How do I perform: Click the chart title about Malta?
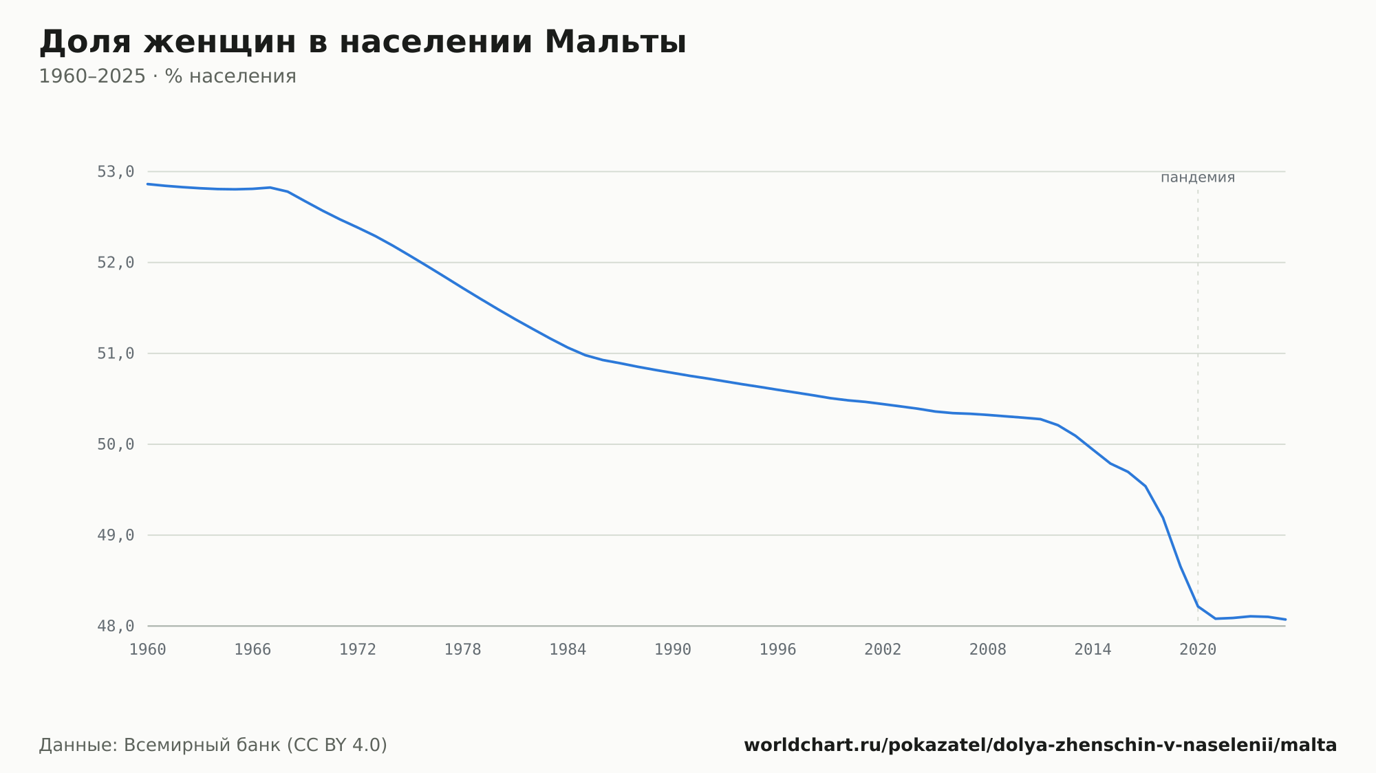363,42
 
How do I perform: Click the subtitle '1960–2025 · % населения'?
167,76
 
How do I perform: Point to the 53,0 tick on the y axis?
116,172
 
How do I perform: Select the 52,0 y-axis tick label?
116,263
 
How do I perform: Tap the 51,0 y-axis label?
116,353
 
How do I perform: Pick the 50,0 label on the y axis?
116,444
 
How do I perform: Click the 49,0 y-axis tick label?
116,535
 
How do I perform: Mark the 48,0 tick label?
116,627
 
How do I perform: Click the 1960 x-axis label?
148,650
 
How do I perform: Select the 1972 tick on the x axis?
358,650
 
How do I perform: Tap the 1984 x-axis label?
568,650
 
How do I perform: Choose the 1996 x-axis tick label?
777,650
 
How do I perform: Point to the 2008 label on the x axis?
988,650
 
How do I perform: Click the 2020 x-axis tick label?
1198,650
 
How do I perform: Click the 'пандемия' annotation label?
1198,177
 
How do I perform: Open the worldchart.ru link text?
1040,745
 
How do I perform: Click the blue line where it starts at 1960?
148,184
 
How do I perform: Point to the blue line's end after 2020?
1285,620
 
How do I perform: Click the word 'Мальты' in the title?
615,42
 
